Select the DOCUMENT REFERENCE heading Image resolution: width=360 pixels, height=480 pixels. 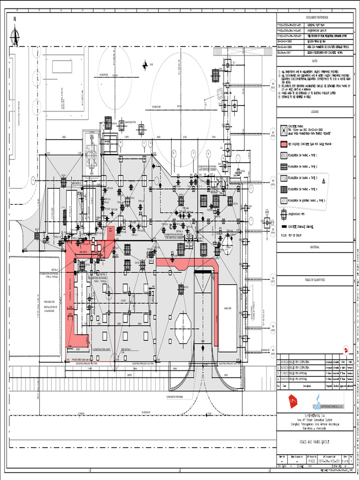coord(314,16)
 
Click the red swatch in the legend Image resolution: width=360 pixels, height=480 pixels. coord(283,143)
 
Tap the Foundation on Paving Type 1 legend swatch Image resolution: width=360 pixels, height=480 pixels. coord(283,155)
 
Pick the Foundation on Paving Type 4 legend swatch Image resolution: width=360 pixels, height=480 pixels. coord(283,189)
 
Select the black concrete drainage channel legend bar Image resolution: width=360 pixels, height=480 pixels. coord(283,226)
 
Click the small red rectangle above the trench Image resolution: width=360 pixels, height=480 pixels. coord(111,230)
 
